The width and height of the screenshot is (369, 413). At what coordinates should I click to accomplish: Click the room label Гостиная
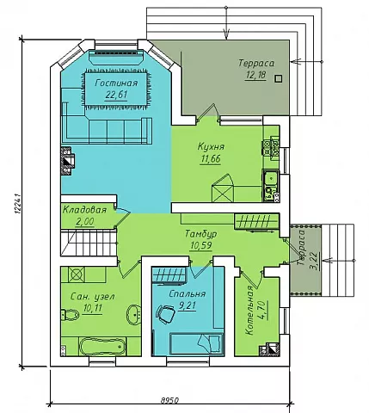tap(116, 83)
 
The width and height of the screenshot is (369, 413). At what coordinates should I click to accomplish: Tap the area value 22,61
tap(116, 95)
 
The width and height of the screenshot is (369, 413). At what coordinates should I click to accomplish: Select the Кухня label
tap(211, 146)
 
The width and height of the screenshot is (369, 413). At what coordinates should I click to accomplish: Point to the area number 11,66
tap(211, 158)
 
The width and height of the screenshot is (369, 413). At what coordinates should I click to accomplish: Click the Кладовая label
tap(84, 210)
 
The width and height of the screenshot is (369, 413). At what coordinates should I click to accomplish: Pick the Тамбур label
tap(200, 233)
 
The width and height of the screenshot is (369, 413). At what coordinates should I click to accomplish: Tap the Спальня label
tap(187, 294)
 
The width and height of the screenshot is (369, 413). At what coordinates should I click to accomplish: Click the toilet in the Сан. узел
tap(70, 315)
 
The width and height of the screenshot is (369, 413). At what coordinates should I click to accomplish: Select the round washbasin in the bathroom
tap(133, 314)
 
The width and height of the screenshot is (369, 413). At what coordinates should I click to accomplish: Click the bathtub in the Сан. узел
tap(102, 347)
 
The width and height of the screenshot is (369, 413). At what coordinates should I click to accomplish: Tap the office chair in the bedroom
tap(165, 313)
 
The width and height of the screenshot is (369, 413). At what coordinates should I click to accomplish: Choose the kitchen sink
tap(270, 178)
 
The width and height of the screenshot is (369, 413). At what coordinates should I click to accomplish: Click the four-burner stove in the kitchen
tap(271, 149)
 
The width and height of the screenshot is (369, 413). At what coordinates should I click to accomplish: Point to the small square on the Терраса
tap(278, 78)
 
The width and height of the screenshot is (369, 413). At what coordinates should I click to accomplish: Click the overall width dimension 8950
tap(169, 400)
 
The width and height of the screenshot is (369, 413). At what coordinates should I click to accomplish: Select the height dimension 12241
tap(17, 204)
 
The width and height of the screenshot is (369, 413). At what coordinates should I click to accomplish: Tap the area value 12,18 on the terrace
tap(255, 75)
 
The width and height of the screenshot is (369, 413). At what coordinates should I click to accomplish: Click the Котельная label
tap(249, 310)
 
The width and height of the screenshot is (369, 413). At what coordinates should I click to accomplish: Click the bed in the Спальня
tap(197, 343)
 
